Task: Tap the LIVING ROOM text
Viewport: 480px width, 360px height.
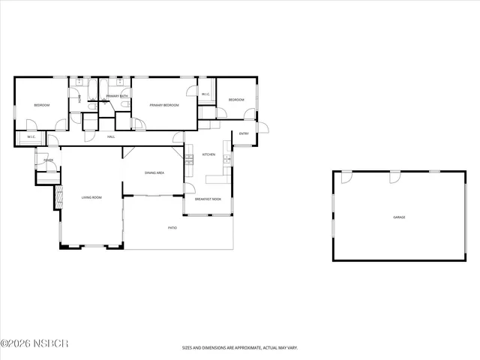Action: click(x=91, y=197)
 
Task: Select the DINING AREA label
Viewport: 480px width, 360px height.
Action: click(x=154, y=173)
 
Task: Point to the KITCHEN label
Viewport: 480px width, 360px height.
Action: click(x=209, y=154)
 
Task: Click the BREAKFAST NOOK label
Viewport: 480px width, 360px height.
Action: click(x=208, y=199)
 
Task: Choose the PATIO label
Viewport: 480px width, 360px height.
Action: click(x=172, y=227)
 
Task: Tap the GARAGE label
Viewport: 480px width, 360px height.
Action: click(x=399, y=217)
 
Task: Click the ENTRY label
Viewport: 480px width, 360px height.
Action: click(x=244, y=133)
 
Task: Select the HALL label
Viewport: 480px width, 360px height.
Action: click(x=111, y=136)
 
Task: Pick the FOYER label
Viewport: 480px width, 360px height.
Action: click(x=48, y=160)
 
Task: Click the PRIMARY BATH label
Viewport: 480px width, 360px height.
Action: click(x=116, y=96)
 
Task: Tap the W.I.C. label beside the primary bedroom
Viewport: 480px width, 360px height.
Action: click(x=205, y=94)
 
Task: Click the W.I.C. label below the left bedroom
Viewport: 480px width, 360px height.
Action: click(x=31, y=137)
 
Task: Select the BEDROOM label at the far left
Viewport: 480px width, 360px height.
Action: click(x=41, y=105)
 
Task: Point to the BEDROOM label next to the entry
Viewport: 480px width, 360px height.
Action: click(x=236, y=100)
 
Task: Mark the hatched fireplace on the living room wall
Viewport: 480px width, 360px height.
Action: click(x=57, y=197)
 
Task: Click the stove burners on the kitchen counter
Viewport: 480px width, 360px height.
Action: click(x=189, y=159)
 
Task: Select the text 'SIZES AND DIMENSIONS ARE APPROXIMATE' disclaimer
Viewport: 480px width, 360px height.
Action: click(x=240, y=347)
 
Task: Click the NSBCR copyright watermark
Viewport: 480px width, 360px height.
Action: click(x=35, y=343)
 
